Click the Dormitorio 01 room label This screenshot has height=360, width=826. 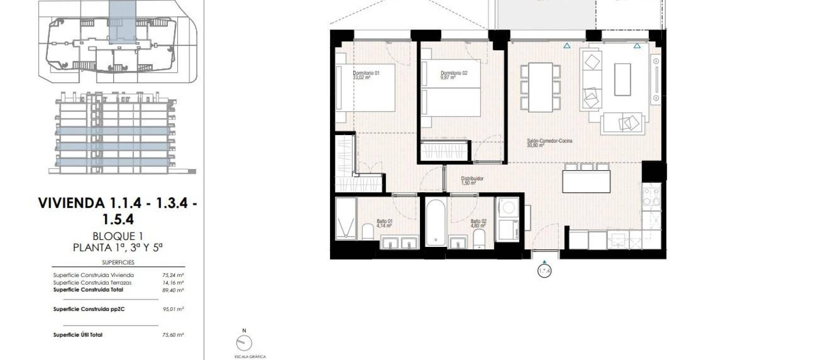click(366, 75)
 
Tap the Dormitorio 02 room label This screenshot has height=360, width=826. click(453, 75)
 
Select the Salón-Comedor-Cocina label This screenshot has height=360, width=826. click(549, 143)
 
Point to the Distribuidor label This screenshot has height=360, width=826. click(472, 181)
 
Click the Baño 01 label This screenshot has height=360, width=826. click(384, 223)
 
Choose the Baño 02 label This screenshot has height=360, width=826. click(478, 223)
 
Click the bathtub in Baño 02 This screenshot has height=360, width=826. click(436, 222)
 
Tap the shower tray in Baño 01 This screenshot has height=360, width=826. click(346, 219)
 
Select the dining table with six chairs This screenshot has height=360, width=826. click(540, 87)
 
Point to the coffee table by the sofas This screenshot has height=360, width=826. click(622, 79)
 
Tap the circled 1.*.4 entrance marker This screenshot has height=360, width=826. click(544, 271)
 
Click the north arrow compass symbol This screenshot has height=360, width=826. click(244, 343)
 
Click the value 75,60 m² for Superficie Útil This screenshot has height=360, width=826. click(173, 335)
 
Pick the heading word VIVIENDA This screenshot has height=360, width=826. click(71, 203)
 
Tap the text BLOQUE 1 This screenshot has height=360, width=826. click(117, 236)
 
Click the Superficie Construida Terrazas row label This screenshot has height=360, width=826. click(92, 283)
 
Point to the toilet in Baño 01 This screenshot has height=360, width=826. click(367, 232)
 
